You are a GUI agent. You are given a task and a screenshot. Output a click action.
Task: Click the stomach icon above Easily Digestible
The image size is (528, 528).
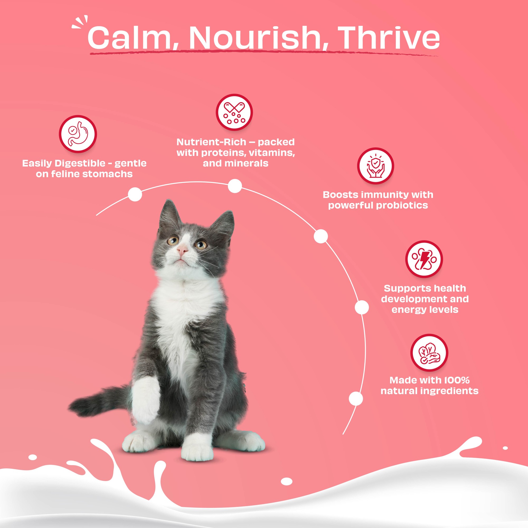tap(78, 134)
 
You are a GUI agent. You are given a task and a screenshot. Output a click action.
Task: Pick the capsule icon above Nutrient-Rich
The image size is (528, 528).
tap(234, 112)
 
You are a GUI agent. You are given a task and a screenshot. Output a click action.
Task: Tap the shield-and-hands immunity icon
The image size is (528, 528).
tap(375, 166)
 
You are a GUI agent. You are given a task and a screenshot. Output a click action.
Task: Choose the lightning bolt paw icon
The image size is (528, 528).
tap(424, 259)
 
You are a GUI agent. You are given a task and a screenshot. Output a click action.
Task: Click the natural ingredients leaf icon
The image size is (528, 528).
tap(429, 352)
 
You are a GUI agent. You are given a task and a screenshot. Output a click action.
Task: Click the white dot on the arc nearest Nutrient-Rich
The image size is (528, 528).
tap(235, 186)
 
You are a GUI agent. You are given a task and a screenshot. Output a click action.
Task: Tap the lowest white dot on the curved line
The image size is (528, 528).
tap(356, 398)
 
